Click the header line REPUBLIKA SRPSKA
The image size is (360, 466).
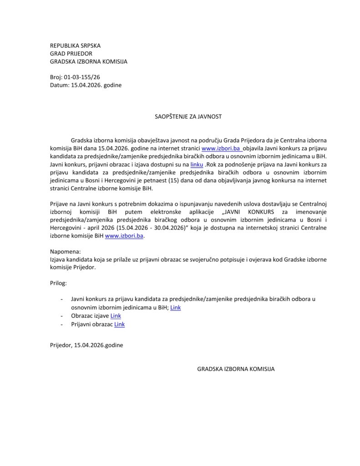click(x=75, y=46)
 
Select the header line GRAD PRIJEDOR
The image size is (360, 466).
click(x=71, y=54)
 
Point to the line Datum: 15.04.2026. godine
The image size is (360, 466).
click(x=86, y=85)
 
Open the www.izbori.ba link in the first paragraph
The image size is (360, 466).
click(x=221, y=148)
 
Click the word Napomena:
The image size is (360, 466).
click(x=65, y=252)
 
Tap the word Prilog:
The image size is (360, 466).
click(x=58, y=283)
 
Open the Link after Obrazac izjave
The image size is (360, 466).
click(x=116, y=316)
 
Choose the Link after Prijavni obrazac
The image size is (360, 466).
click(x=119, y=324)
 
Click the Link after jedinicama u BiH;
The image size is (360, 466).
click(x=175, y=308)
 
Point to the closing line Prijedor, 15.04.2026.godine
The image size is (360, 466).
click(x=86, y=345)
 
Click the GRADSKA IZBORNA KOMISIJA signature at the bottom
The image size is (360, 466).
click(x=236, y=369)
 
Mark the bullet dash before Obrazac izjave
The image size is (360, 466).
click(x=61, y=316)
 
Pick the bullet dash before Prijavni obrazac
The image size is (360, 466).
click(x=61, y=324)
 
